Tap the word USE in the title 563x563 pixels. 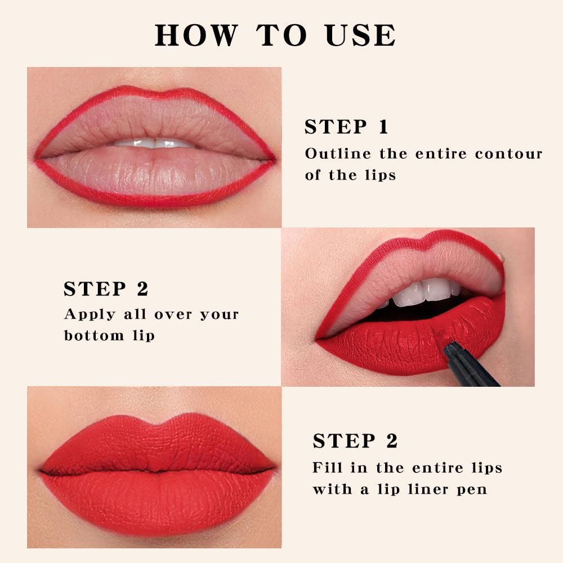pyautogui.click(x=360, y=35)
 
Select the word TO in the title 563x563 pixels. pyautogui.click(x=282, y=35)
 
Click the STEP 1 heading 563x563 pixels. pyautogui.click(x=346, y=127)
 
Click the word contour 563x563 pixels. pyautogui.click(x=508, y=154)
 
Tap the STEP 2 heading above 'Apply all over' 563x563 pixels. pyautogui.click(x=106, y=289)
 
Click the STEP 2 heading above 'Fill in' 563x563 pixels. pyautogui.click(x=355, y=441)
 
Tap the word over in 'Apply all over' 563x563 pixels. pyautogui.click(x=169, y=315)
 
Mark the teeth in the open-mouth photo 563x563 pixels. pyautogui.click(x=425, y=292)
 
